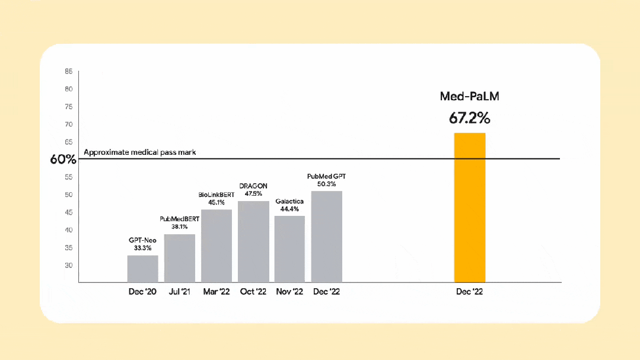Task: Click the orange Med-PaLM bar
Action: click(470, 208)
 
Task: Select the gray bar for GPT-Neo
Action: click(142, 269)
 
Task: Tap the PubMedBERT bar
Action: click(180, 258)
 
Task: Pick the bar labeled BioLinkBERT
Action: click(216, 246)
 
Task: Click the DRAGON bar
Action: click(253, 241)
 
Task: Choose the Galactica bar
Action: click(289, 249)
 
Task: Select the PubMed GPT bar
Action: click(327, 236)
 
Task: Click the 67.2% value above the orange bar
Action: click(470, 117)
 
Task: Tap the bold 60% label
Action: click(63, 159)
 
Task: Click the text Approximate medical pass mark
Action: click(140, 152)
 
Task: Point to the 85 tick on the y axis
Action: click(69, 71)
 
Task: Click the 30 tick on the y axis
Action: click(69, 265)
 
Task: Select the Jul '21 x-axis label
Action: click(180, 292)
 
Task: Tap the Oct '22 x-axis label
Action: click(253, 292)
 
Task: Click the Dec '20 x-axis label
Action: click(142, 292)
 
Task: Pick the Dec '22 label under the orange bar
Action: click(470, 292)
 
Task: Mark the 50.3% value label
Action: click(327, 184)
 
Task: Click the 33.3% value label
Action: click(143, 249)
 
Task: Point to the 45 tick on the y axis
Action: click(69, 212)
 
